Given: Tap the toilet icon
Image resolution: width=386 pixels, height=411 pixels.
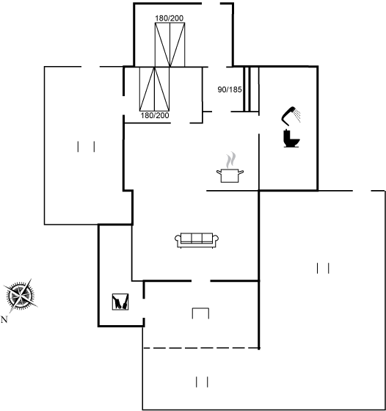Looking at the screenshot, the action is point(291,139).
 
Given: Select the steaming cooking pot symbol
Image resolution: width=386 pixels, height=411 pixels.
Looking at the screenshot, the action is point(230,167).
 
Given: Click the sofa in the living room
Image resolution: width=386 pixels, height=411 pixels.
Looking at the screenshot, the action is point(197,240).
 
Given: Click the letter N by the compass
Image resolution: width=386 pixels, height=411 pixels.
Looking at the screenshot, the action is point(4,319).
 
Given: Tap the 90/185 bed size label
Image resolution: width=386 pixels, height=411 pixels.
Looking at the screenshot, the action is point(230,90).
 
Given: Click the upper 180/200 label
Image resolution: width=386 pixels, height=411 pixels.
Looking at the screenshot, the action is point(170,18).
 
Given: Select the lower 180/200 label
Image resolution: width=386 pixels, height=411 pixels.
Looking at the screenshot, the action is point(155,115).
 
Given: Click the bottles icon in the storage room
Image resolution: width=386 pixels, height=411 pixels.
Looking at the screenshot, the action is point(120,302).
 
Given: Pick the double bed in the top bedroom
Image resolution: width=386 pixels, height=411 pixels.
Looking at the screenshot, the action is point(170,45).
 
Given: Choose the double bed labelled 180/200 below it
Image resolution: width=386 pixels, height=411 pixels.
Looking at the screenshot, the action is point(154,89).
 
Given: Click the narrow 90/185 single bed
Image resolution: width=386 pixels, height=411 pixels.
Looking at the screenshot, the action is point(251,90).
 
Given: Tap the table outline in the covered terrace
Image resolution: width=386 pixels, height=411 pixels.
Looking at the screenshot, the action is point(201,308).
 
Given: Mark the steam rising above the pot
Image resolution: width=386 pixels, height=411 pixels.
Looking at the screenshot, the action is point(230,160).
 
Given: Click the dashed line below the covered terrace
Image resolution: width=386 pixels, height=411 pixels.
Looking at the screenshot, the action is point(201,348).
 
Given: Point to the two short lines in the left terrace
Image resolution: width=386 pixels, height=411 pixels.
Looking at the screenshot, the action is point(86,147).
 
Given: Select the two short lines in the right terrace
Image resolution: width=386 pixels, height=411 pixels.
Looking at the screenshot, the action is point(323,268).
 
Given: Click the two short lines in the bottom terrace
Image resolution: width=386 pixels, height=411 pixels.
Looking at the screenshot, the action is point(202,382).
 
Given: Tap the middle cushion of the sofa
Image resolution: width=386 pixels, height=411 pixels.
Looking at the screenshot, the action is point(197,238).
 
